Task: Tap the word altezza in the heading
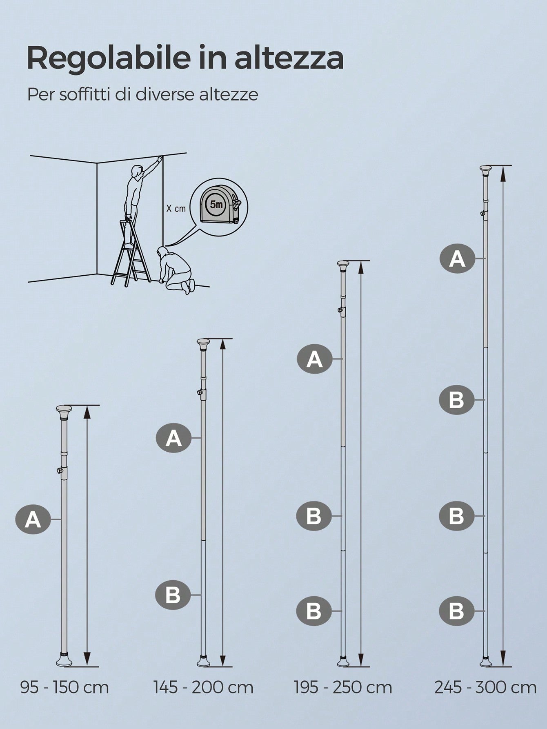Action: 289,58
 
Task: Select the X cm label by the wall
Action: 176,208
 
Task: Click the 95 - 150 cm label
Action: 64,688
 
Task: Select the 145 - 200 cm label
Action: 203,688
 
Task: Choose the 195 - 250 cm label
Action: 343,688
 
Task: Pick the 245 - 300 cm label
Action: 485,688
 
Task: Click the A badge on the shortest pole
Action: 33,519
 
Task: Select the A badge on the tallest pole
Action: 457,259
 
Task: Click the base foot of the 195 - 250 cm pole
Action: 343,661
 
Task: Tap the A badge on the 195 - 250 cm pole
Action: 315,359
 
